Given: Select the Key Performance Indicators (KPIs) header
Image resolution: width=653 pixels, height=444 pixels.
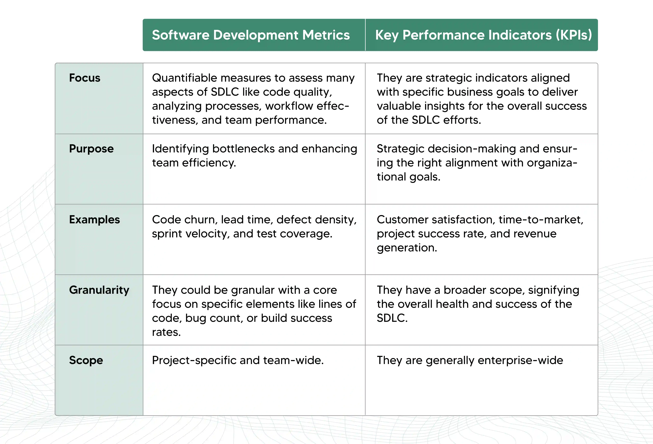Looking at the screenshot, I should (483, 35).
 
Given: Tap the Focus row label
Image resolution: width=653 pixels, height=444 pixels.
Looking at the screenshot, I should (85, 78).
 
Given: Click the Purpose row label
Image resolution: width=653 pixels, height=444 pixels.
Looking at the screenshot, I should (91, 149).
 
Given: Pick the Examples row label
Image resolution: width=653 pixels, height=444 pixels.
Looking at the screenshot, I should (94, 220).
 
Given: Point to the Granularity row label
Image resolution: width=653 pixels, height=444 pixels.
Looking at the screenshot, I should (99, 290).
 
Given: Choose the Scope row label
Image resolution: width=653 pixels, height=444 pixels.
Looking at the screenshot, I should (86, 360).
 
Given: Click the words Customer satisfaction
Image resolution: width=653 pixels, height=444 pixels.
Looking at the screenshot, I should (436, 220).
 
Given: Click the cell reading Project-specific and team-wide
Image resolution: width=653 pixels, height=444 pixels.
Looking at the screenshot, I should (238, 360).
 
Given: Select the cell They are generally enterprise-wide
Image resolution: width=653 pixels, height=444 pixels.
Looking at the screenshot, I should (470, 360).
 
